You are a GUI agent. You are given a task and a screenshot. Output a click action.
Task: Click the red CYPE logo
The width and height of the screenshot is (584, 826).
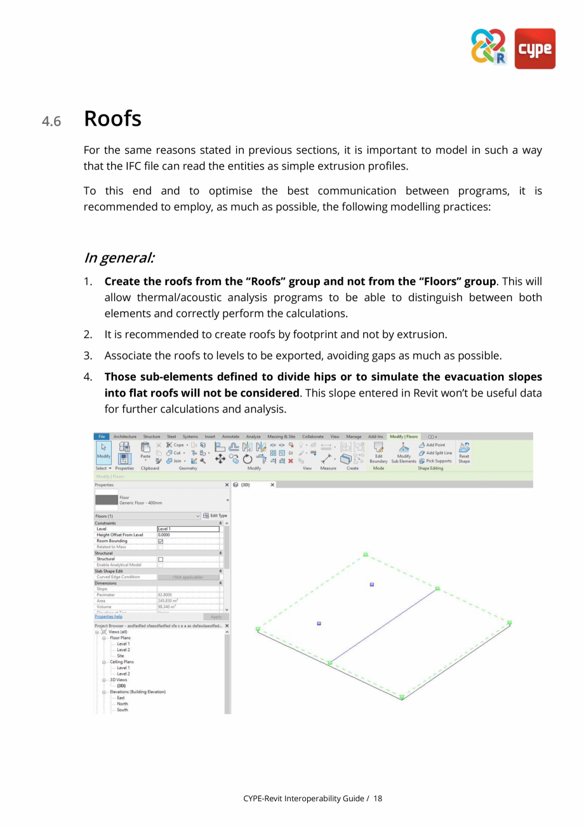pos(534,48)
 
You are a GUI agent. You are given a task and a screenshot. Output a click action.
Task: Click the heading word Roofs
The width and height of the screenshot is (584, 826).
pos(112,119)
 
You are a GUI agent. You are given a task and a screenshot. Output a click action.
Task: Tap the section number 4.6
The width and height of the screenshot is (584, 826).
pos(51,121)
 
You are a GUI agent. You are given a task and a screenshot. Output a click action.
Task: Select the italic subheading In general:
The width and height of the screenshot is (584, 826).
pos(119,258)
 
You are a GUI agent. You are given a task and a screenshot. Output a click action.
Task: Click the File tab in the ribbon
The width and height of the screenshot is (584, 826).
pos(102,437)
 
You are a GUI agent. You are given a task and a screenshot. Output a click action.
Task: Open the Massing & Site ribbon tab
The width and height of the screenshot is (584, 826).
pos(281,437)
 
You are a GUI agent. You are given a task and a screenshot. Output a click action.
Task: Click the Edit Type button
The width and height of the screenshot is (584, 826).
pos(215,515)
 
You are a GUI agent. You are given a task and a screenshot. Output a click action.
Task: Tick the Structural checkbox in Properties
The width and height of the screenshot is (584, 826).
pos(161,559)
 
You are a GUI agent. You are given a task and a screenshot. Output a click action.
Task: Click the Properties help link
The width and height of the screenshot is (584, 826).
pos(109,616)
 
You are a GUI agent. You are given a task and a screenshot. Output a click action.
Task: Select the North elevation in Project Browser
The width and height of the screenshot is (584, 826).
pos(123,703)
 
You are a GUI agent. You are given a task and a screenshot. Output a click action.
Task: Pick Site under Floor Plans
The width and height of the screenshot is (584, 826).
pos(121,656)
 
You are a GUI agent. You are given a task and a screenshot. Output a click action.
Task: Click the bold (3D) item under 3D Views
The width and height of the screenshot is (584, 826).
pos(121,686)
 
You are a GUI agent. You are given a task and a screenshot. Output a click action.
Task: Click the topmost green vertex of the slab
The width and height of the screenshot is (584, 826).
pos(366,554)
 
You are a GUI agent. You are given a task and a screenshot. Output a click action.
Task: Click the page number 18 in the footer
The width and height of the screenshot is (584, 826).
pos(378,798)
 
